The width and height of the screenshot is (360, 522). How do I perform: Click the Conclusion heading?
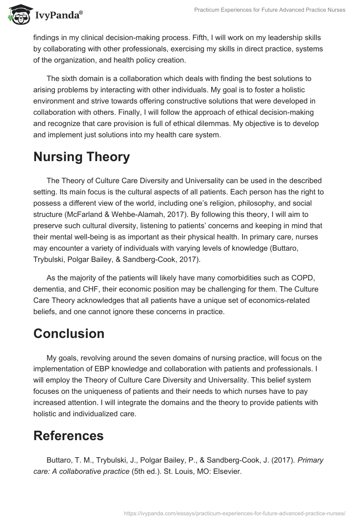[x=69, y=333]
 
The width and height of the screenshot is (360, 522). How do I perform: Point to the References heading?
[x=68, y=436]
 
